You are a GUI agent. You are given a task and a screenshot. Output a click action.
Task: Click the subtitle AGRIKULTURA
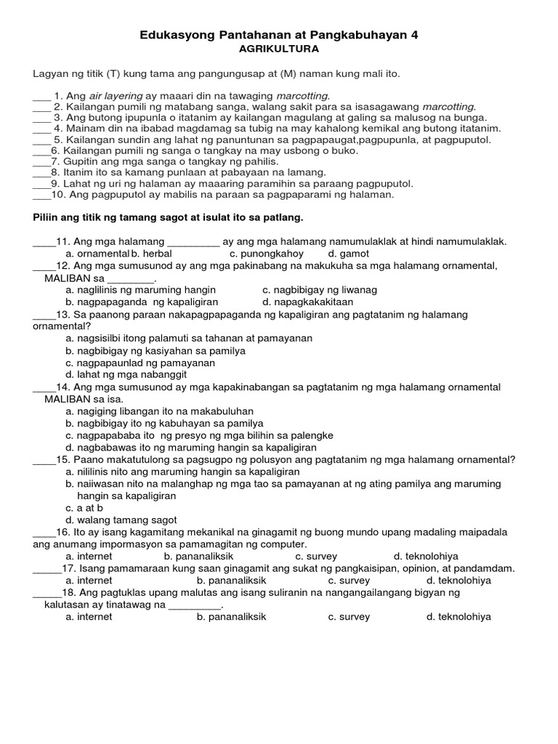(279, 49)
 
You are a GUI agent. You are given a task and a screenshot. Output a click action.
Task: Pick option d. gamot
(349, 254)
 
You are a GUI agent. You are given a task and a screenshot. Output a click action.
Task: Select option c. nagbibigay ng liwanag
(320, 290)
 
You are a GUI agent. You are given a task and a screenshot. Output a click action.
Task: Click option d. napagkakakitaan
(308, 302)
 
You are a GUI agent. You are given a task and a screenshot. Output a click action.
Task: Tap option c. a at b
(84, 508)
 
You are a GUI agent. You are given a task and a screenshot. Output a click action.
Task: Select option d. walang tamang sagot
(121, 520)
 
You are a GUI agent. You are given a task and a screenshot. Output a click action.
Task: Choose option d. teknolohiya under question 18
(458, 617)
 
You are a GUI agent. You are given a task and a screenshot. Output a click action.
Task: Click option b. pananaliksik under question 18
(232, 617)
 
